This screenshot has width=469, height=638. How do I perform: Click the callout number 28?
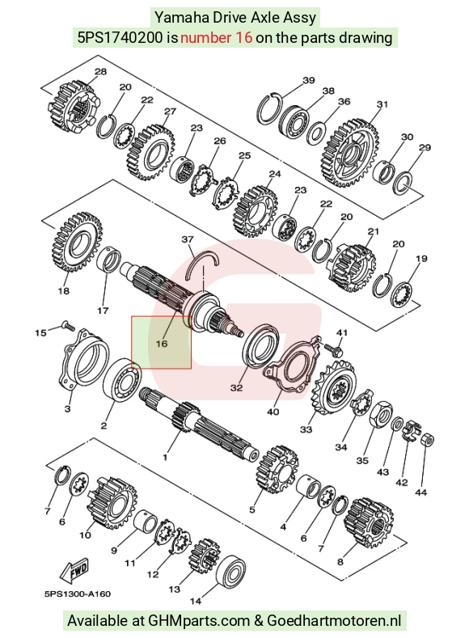point(100,72)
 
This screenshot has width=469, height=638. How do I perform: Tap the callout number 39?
point(309,80)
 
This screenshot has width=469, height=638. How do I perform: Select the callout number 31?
point(382,104)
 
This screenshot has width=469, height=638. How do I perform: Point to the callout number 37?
point(188,239)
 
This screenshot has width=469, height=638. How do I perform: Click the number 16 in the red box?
point(162,344)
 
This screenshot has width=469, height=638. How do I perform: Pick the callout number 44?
point(421,492)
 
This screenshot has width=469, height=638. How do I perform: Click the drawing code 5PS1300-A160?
point(78,594)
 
